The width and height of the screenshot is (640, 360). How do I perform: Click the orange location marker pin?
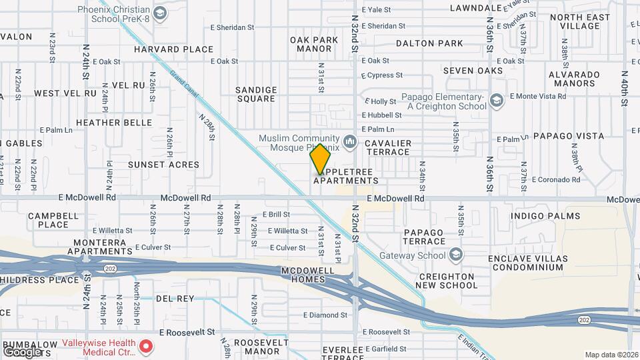pos(321,159)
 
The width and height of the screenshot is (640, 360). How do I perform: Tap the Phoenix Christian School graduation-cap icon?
pos(160,13)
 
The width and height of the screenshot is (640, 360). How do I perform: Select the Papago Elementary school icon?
pos(496,101)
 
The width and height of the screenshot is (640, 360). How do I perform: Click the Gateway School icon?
pos(456,255)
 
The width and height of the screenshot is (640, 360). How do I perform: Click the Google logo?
pos(21,351)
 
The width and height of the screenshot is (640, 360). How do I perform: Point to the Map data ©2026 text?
pos(611,355)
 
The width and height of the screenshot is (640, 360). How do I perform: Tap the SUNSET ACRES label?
pos(163,164)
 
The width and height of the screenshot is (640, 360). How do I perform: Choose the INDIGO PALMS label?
pos(545,216)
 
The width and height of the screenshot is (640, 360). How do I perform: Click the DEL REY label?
pos(176,299)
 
